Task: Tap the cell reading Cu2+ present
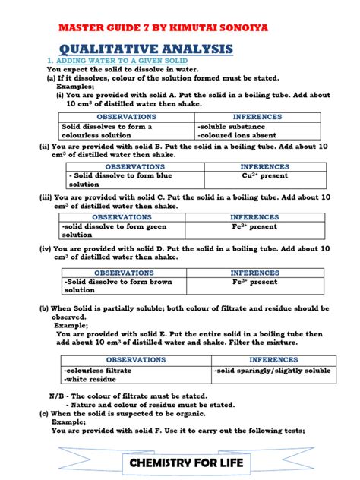[x=264, y=175]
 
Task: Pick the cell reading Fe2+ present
[x=264, y=226]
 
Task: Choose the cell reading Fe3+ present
[x=264, y=282]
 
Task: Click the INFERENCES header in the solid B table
[x=264, y=166]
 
